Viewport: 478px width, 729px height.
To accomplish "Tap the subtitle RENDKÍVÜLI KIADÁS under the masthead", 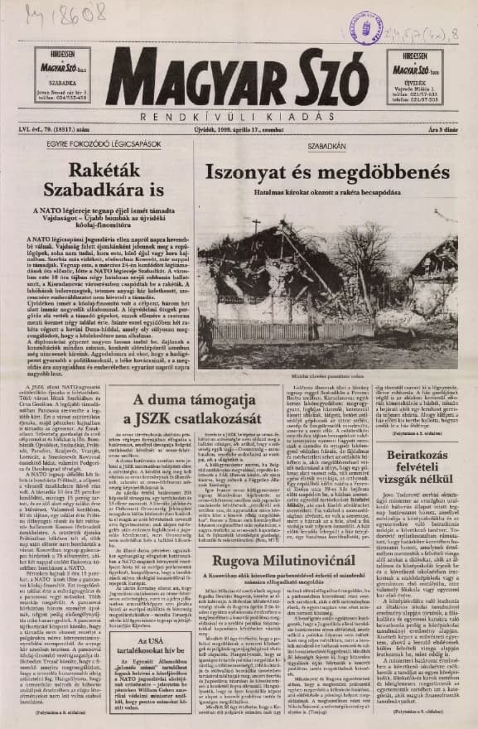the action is [x=238, y=113].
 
